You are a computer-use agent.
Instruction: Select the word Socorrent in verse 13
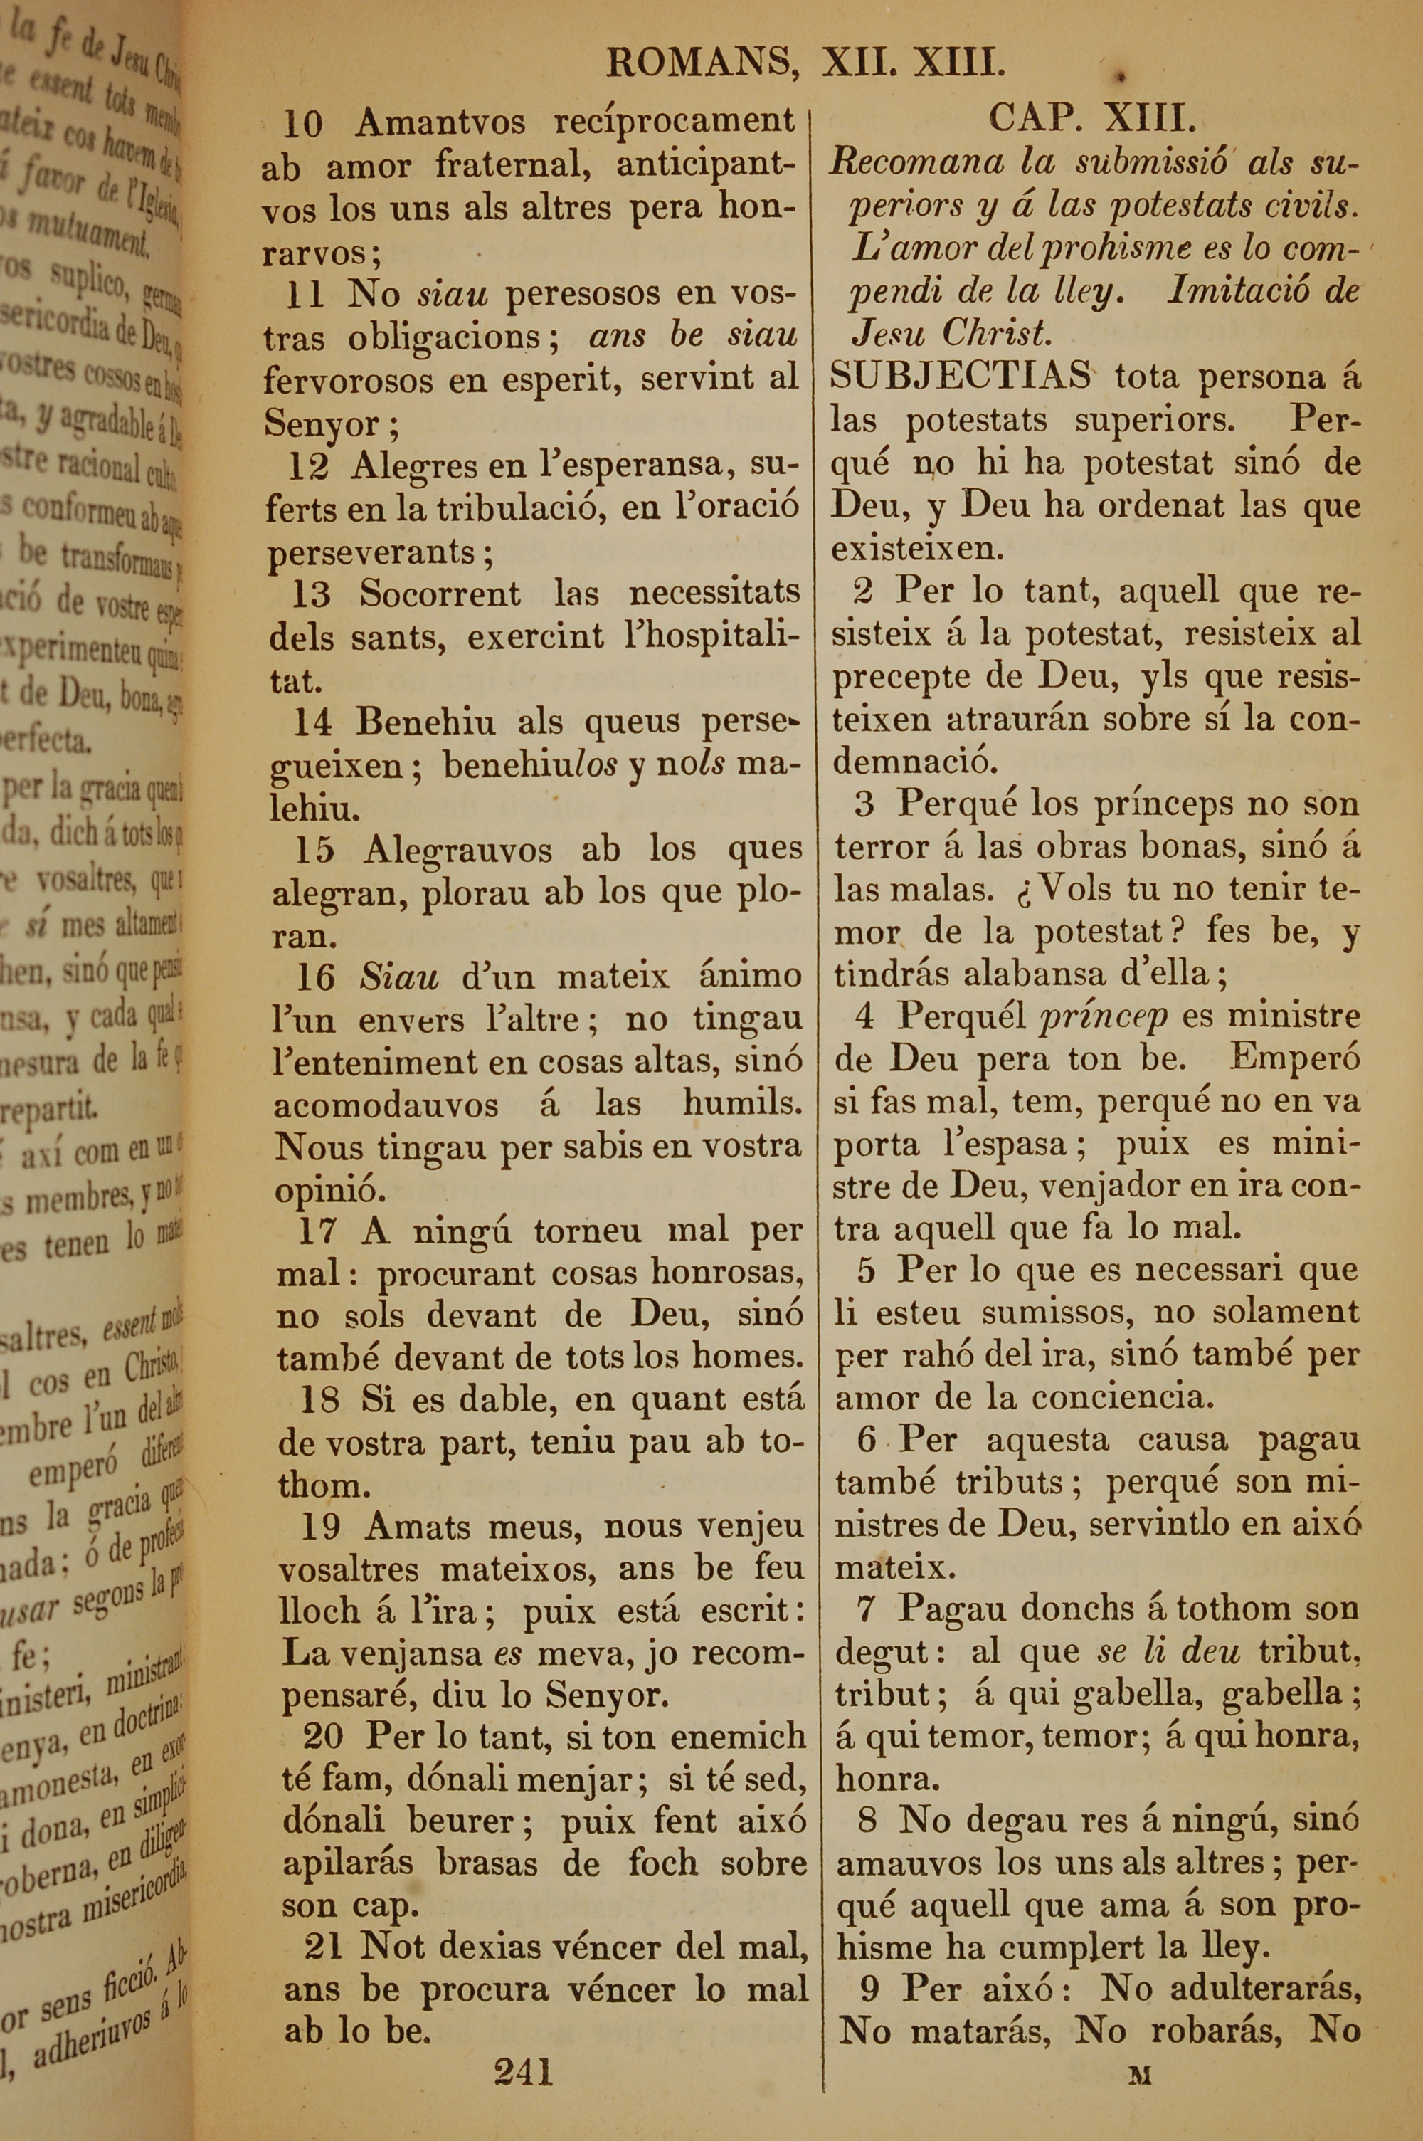point(440,594)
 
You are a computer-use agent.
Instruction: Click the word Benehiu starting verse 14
point(425,722)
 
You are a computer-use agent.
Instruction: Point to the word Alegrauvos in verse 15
point(458,851)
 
